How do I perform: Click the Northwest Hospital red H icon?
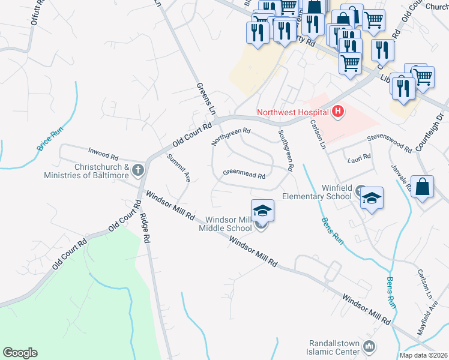(338, 111)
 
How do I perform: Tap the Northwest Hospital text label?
(292, 112)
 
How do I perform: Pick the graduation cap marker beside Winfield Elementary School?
(372, 198)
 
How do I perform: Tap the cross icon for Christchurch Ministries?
(138, 170)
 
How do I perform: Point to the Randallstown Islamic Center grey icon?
(369, 347)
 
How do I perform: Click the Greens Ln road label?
(206, 100)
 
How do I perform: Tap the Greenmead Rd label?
(244, 175)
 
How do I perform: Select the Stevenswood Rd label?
(390, 143)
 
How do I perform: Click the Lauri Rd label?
(360, 158)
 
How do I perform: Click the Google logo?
(20, 353)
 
